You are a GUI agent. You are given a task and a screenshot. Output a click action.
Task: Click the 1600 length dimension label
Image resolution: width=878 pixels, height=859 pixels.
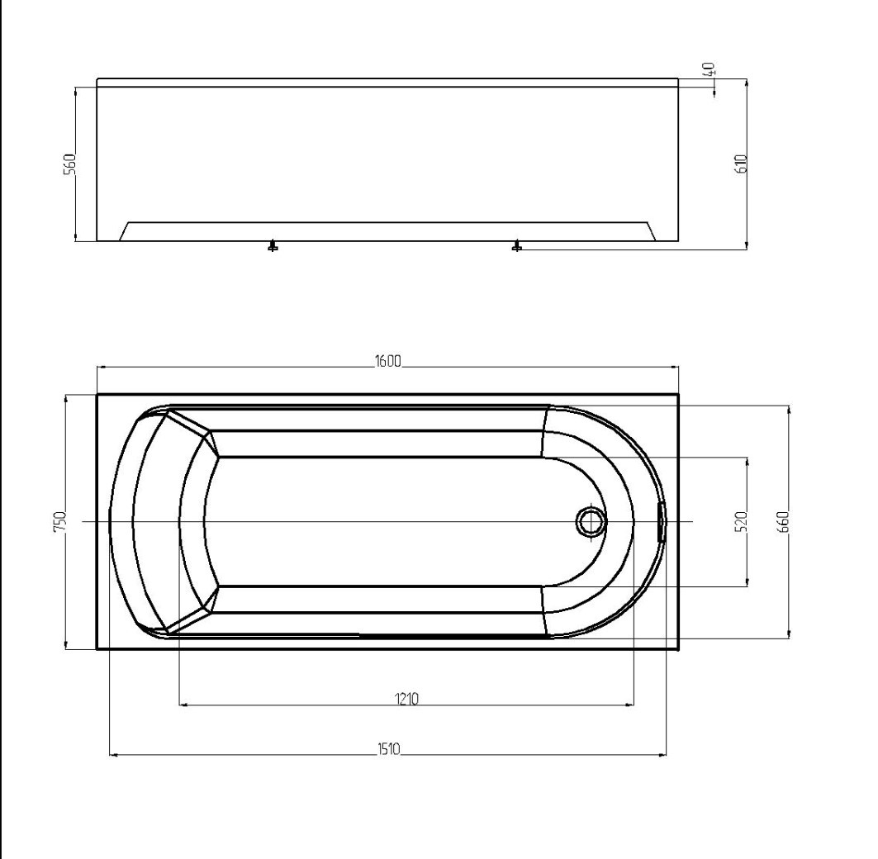[388, 361]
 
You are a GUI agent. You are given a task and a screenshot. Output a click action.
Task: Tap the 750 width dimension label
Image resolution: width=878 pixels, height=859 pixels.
[60, 521]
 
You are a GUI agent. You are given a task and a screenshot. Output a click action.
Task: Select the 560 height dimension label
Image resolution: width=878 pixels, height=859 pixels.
[69, 164]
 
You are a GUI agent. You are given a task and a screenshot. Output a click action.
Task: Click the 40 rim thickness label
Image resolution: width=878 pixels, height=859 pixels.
[709, 69]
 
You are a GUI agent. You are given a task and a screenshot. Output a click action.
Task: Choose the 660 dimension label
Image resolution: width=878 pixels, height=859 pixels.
[783, 521]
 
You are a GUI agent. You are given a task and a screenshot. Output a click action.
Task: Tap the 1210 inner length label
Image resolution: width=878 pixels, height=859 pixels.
[406, 698]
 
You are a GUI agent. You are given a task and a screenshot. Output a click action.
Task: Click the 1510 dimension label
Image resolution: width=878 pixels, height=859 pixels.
[388, 748]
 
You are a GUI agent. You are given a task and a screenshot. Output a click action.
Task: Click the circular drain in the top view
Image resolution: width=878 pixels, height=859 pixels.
[590, 521]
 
